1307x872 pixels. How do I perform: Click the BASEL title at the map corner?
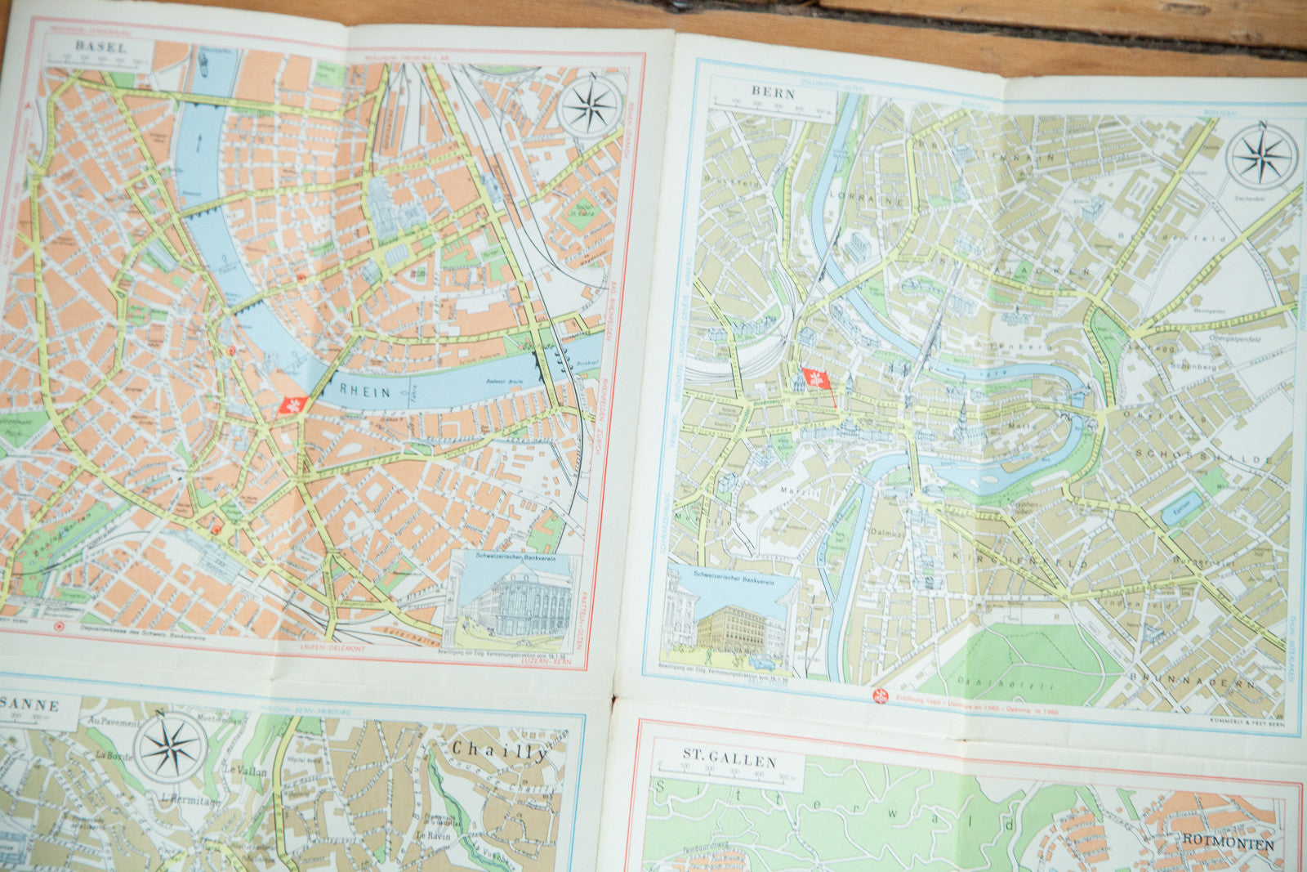[100, 46]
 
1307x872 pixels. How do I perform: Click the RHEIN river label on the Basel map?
[365, 392]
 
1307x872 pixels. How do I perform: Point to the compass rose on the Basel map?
[591, 107]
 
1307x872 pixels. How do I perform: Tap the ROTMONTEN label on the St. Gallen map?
[1228, 843]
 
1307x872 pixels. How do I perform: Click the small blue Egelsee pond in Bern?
[1182, 508]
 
